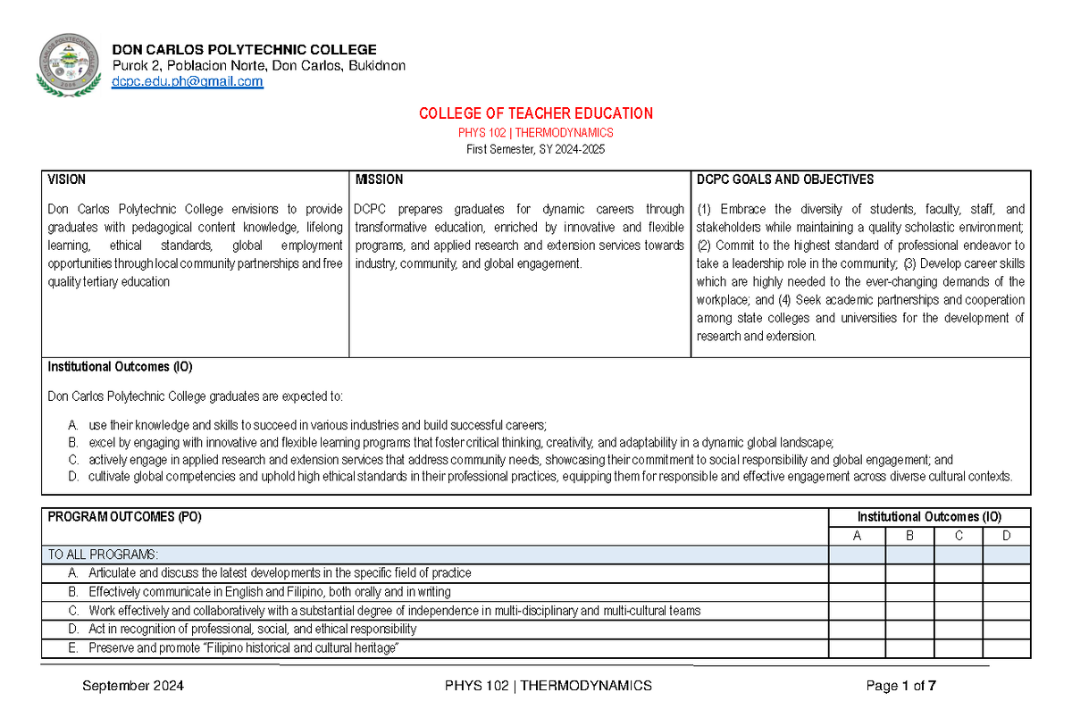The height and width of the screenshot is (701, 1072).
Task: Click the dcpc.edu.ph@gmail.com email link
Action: [x=187, y=81]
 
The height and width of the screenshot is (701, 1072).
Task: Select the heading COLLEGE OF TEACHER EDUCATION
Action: [x=536, y=113]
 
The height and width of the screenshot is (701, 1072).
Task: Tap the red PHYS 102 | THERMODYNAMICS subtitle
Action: [x=536, y=132]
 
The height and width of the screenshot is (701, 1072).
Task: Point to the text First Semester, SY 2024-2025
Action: [x=536, y=149]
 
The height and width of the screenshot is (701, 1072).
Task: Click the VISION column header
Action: [x=67, y=179]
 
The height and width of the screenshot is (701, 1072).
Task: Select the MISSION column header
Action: [x=379, y=179]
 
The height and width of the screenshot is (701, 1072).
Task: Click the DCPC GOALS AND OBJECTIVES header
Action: [x=785, y=179]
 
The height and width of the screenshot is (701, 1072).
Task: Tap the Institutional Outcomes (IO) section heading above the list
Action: [x=120, y=367]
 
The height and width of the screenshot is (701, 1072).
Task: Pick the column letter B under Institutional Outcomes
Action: [x=909, y=536]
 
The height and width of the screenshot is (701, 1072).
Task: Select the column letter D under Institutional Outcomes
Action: [x=1006, y=536]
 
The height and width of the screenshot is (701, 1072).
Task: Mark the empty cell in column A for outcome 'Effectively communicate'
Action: [x=858, y=592]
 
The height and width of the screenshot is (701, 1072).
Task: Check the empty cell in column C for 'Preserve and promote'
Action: [x=959, y=648]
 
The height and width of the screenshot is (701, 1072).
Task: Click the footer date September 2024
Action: [x=133, y=686]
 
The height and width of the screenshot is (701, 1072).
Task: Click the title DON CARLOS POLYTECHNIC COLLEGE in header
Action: [x=244, y=49]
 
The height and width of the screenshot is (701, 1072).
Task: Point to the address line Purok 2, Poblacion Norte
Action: [x=258, y=65]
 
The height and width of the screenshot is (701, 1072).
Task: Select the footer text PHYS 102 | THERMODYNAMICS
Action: [x=548, y=686]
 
